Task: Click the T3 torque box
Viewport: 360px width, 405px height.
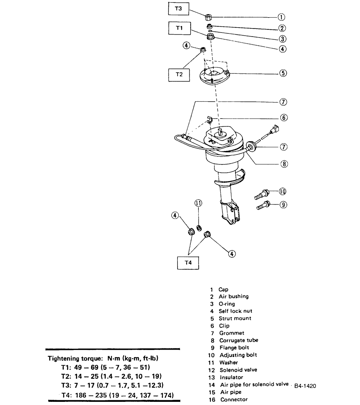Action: (x=178, y=8)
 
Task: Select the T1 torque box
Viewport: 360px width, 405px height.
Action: (x=179, y=28)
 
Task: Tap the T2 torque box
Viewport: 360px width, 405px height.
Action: (x=179, y=74)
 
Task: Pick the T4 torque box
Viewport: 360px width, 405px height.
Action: (x=188, y=263)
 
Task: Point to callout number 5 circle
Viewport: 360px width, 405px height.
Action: (x=283, y=73)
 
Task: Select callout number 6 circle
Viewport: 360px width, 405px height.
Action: (x=283, y=118)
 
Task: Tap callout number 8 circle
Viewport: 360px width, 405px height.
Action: (x=284, y=164)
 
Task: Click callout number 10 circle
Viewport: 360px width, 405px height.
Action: (x=282, y=191)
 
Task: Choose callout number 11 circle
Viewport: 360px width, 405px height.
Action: (x=198, y=203)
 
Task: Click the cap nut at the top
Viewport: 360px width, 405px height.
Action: (x=209, y=17)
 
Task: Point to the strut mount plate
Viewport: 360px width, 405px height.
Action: (x=214, y=76)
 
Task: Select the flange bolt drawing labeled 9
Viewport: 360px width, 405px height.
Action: (x=263, y=206)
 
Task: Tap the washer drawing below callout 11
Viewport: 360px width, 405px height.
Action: (x=198, y=227)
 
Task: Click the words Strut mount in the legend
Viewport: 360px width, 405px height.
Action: (x=235, y=318)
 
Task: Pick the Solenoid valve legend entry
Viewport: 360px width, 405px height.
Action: (x=238, y=370)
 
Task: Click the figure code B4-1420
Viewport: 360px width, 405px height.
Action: (x=305, y=386)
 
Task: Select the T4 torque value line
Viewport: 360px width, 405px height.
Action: (x=117, y=395)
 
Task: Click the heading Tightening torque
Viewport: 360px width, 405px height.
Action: (x=103, y=358)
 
